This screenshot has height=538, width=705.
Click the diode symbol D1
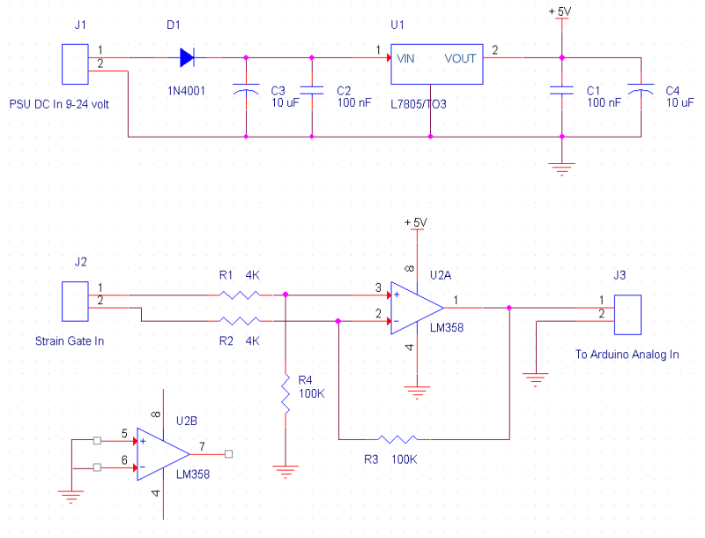(x=187, y=58)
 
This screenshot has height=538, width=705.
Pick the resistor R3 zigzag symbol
(x=397, y=438)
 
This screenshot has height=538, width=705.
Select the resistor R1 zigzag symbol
(x=239, y=295)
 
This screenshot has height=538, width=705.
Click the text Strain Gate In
(x=70, y=340)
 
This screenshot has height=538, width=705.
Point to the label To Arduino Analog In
(x=627, y=355)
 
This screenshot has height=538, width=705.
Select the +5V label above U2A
(x=414, y=221)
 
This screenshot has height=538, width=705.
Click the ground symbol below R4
(x=285, y=471)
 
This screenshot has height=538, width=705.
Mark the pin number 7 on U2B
(x=203, y=445)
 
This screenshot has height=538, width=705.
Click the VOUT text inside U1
(x=460, y=59)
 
